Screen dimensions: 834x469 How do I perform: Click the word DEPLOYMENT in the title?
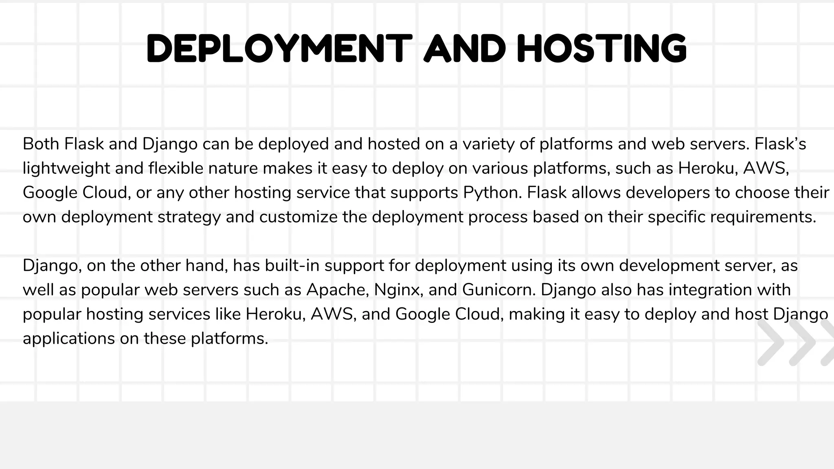point(279,49)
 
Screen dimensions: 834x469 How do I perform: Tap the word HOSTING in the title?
point(602,49)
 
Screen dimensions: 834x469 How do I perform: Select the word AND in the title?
point(465,49)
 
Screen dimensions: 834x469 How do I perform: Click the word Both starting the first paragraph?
point(41,144)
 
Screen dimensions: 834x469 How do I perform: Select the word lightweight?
point(66,169)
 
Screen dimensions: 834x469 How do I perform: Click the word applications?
point(68,339)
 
